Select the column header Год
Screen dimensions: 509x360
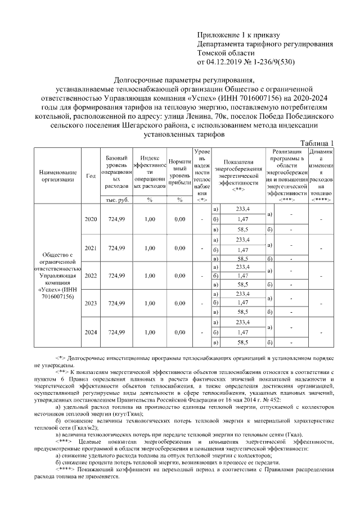[x=90, y=175]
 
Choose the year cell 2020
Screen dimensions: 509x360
[x=91, y=219]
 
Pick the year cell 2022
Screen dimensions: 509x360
[x=91, y=276]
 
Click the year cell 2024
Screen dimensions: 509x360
[x=91, y=332]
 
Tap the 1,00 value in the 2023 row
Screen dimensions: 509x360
[x=150, y=304]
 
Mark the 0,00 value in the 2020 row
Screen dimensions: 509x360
[x=180, y=219]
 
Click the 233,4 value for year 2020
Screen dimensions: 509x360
[x=243, y=209]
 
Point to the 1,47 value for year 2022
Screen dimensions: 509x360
[x=243, y=276]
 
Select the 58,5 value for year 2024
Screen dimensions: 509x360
[x=243, y=342]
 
